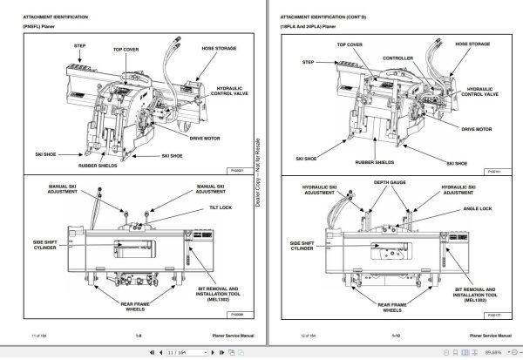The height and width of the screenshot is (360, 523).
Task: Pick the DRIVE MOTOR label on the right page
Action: (x=478, y=128)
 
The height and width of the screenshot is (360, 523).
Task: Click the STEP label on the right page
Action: (x=308, y=62)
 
